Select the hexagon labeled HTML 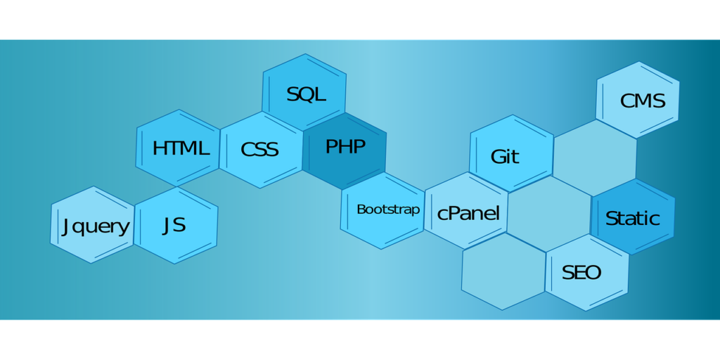point(179,148)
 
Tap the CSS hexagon point(261,149)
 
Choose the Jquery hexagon point(93,225)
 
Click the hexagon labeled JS point(176,225)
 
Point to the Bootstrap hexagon point(382,210)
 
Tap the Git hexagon point(511,154)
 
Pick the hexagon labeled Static point(633,217)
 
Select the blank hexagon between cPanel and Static point(548,214)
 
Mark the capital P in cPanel point(456,213)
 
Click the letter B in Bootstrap point(361,210)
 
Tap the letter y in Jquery point(124,229)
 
